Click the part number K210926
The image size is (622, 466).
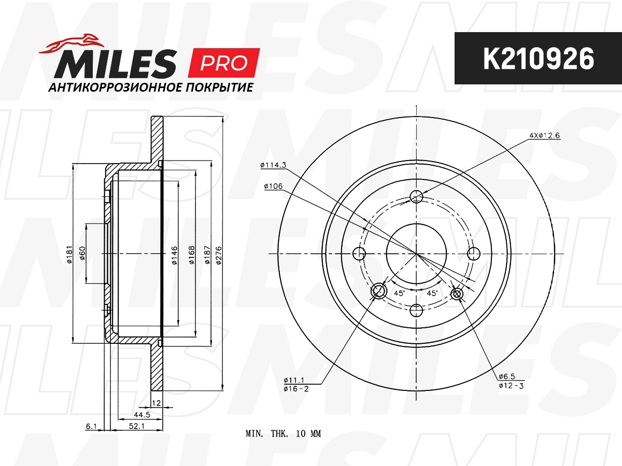(538, 59)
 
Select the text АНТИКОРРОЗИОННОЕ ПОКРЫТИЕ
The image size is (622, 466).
(150, 88)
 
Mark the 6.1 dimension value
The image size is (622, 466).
(91, 426)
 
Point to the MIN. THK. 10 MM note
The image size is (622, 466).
(283, 434)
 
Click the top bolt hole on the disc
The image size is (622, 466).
(417, 196)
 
